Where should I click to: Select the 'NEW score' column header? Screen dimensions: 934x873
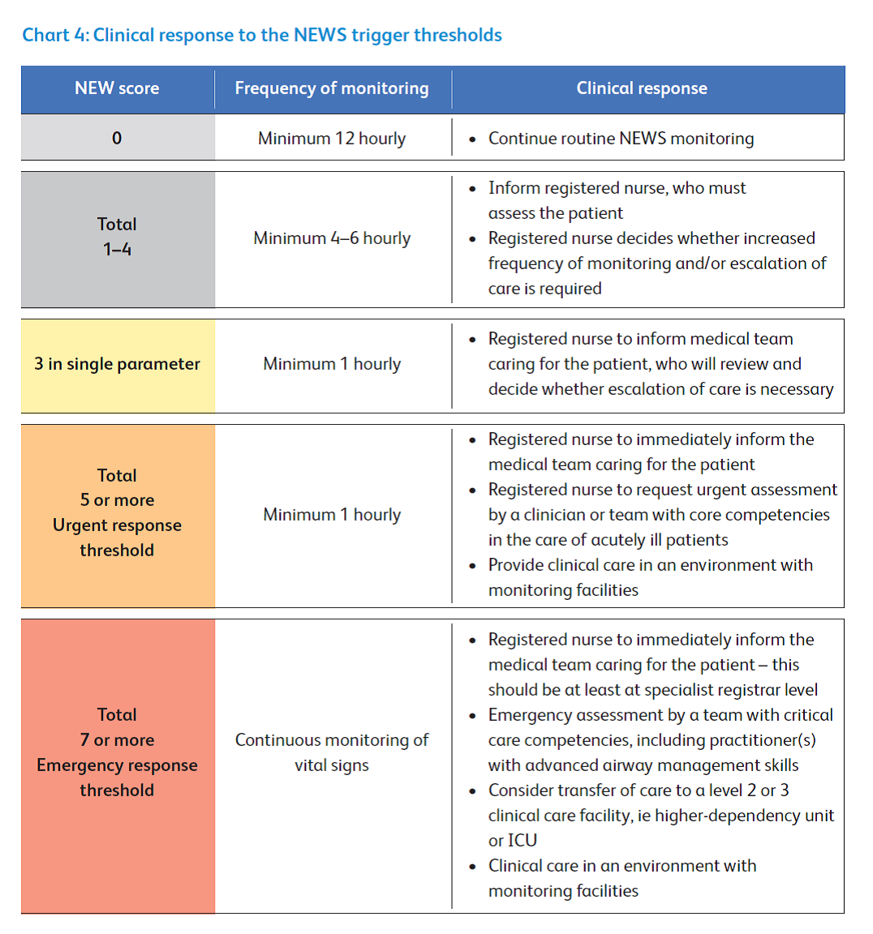[x=117, y=88]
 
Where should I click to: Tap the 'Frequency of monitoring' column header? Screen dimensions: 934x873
[x=332, y=88]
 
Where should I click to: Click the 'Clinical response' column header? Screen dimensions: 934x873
[x=642, y=88]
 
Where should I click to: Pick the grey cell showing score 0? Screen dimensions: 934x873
[x=117, y=138]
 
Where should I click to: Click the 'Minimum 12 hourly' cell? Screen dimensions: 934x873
[x=332, y=139]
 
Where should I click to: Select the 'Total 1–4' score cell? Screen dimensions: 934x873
[x=117, y=237]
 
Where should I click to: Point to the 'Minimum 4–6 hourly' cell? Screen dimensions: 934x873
[x=332, y=238]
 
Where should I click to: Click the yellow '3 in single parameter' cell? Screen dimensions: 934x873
[x=117, y=364]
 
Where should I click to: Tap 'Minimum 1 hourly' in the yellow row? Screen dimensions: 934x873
[x=332, y=364]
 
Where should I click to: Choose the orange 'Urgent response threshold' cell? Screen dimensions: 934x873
[x=117, y=513]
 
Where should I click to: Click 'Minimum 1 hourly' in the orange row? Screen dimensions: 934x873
[x=332, y=515]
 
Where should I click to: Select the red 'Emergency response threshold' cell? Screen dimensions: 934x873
[x=117, y=752]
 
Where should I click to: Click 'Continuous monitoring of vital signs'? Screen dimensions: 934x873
[x=332, y=752]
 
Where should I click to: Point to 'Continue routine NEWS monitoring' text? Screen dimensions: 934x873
[x=621, y=139]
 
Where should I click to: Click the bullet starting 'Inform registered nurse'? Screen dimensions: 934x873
[x=617, y=200]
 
